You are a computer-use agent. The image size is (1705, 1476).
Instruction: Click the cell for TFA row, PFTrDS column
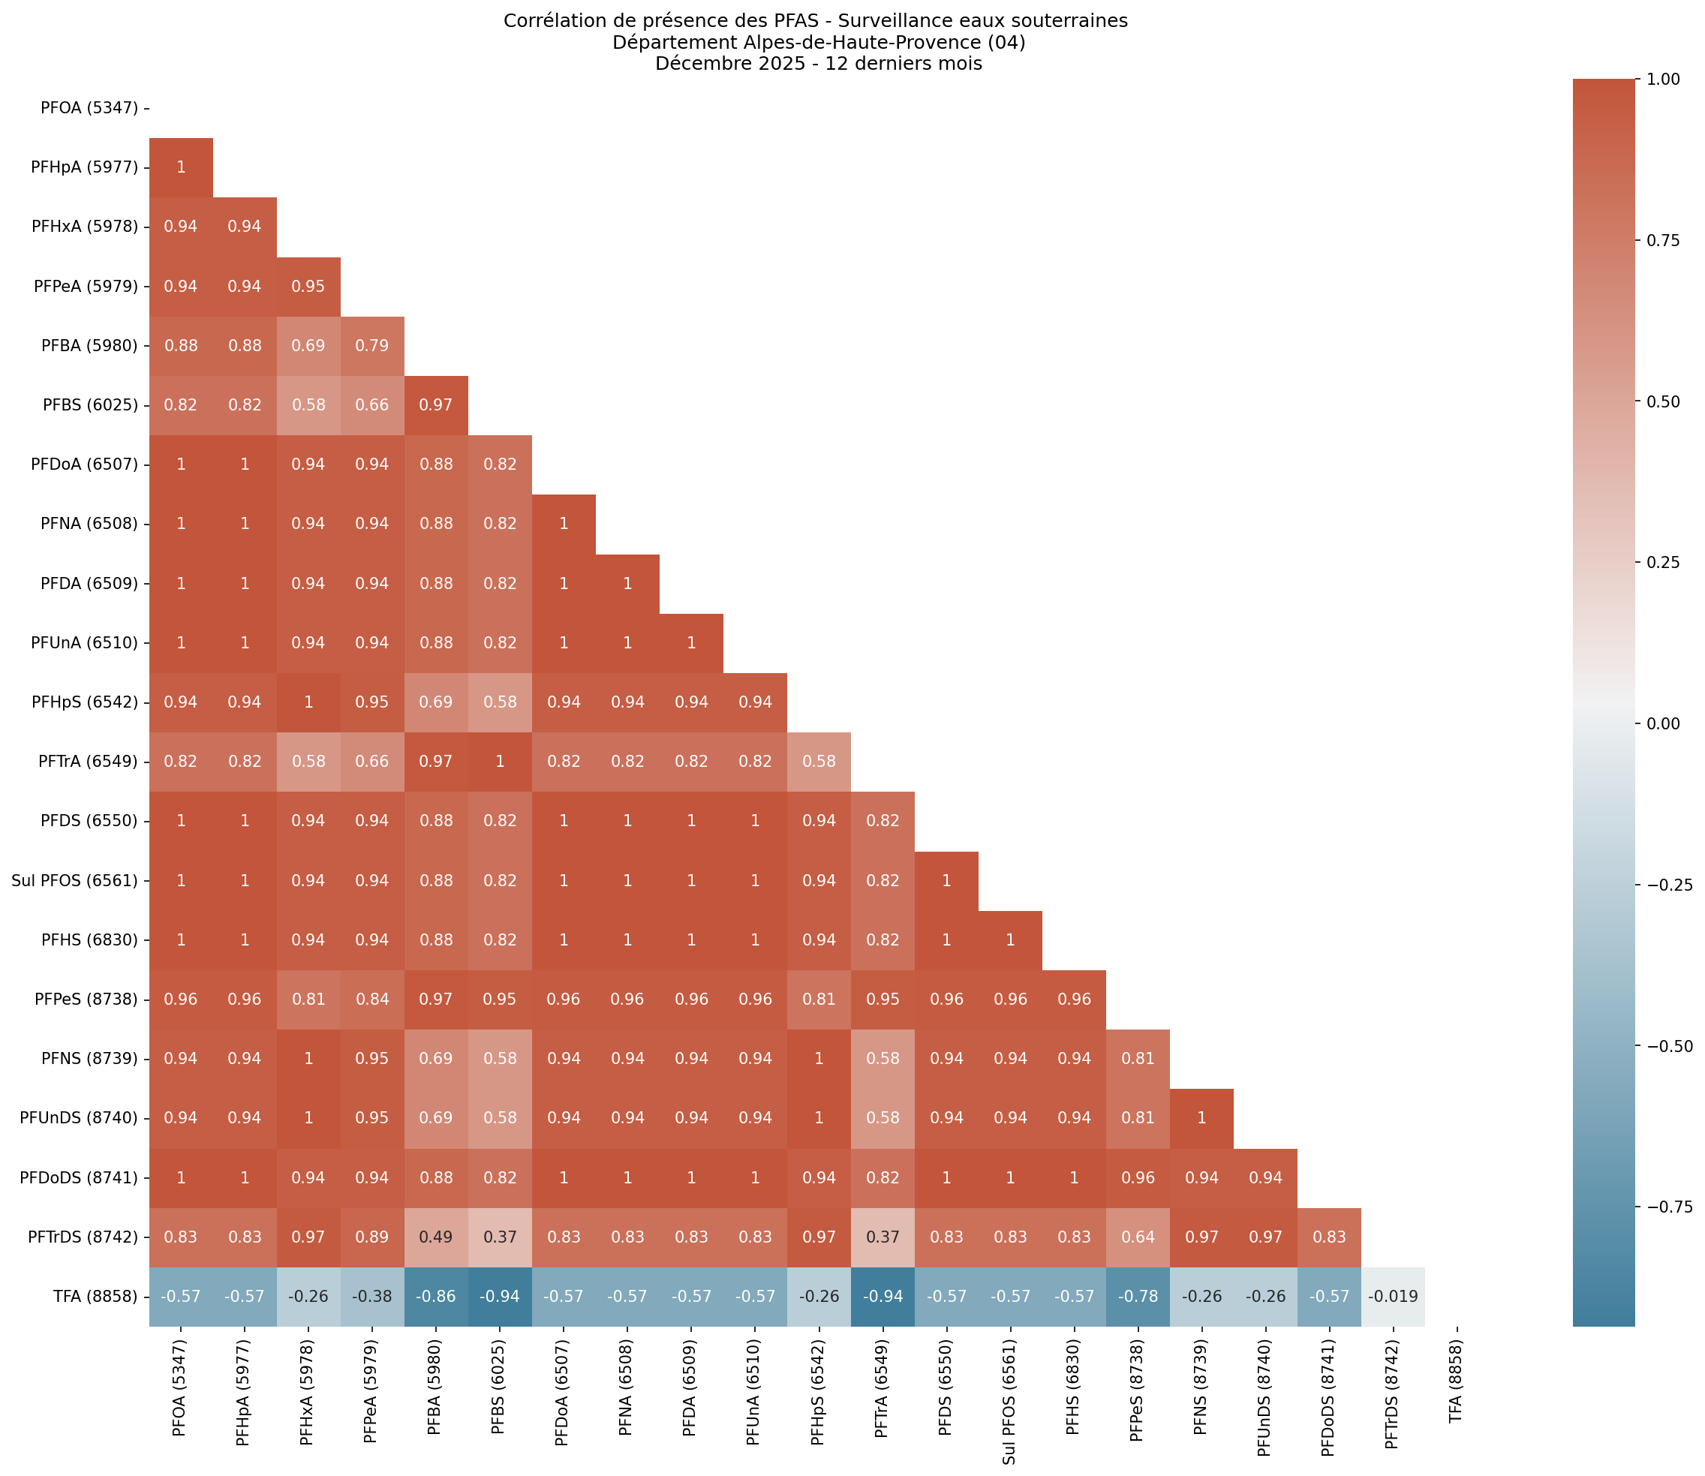click(1392, 1296)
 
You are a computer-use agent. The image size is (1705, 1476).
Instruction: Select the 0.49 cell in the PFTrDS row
click(436, 1237)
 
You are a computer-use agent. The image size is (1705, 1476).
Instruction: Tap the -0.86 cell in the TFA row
click(436, 1296)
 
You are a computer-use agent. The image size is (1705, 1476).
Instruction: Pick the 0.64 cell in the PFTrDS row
click(1138, 1237)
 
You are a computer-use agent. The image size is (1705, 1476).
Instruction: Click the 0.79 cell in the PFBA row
click(371, 346)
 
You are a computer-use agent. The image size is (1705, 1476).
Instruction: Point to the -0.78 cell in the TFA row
click(1138, 1296)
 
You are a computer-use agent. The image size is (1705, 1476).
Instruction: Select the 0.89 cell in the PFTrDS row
click(371, 1237)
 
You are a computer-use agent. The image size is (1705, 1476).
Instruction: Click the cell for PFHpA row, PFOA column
click(180, 167)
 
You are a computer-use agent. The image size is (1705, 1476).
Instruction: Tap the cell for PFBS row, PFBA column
click(436, 405)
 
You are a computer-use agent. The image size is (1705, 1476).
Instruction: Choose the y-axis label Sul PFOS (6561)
click(74, 880)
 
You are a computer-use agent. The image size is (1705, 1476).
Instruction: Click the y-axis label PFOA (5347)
click(89, 108)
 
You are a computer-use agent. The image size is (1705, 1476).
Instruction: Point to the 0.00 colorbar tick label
click(1662, 723)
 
